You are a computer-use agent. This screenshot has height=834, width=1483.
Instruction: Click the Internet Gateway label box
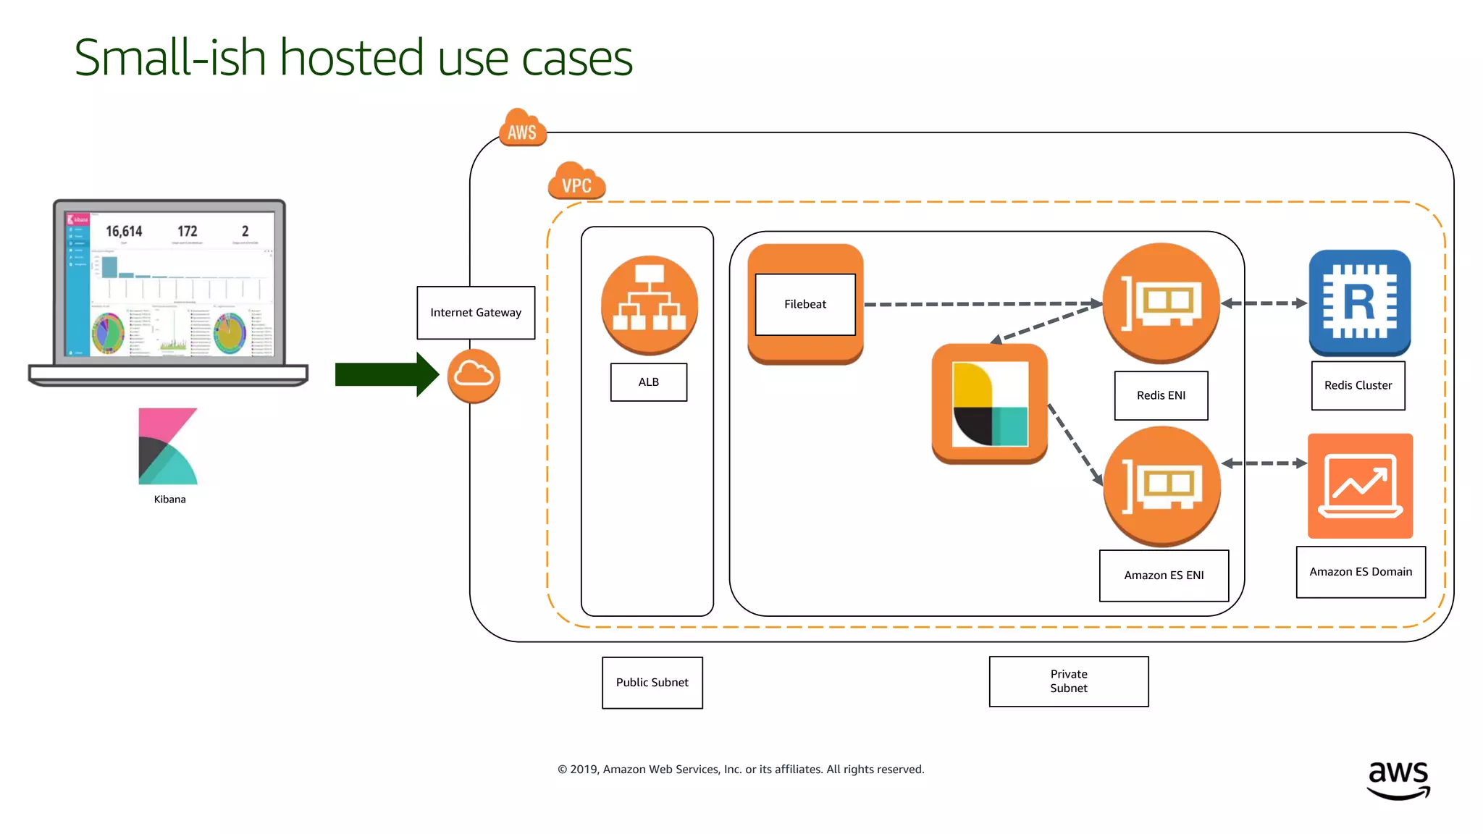[x=476, y=313]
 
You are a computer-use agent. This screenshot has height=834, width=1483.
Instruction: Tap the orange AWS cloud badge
[x=522, y=130]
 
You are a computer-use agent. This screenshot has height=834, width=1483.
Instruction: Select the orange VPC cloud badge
[x=576, y=182]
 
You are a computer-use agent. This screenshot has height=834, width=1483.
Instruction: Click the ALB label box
[x=648, y=382]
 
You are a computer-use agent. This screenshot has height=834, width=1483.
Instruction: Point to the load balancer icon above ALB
[x=650, y=305]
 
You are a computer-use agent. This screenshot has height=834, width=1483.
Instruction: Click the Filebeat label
[x=804, y=304]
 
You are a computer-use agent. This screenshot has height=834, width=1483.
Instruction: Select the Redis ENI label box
[x=1161, y=395]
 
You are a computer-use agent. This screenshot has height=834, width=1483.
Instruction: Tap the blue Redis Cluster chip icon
[x=1359, y=303]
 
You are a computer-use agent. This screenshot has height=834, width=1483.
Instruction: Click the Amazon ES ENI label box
[x=1164, y=576]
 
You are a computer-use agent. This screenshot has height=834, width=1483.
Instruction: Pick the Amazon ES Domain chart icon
[x=1360, y=486]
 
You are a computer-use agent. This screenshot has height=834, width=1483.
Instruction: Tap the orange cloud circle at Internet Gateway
[x=474, y=376]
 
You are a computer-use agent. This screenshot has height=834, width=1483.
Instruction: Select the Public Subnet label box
[x=652, y=683]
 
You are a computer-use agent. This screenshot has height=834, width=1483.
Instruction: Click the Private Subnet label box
[x=1068, y=681]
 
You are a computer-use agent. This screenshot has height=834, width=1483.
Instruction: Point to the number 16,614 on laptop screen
[x=124, y=232]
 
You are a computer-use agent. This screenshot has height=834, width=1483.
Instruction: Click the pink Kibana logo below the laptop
[x=168, y=446]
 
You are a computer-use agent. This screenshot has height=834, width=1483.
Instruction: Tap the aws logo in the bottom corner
[x=1398, y=779]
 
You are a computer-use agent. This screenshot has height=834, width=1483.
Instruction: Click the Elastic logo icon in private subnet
[x=989, y=404]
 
